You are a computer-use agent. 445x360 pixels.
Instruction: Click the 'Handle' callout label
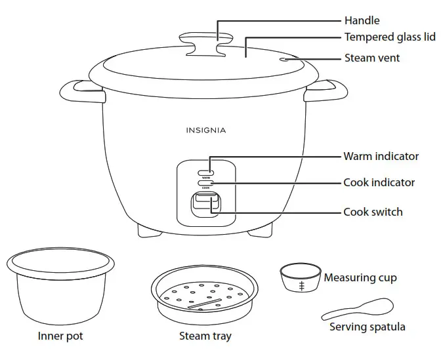click(362, 20)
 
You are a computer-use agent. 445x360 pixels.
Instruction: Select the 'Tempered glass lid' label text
click(390, 37)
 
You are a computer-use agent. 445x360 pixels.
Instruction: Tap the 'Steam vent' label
click(371, 58)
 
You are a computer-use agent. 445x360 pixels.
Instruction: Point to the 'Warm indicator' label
click(381, 156)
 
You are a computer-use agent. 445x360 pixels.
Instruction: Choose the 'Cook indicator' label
click(379, 182)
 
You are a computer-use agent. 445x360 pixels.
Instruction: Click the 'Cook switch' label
click(373, 212)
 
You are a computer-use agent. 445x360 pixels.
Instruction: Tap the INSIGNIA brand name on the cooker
click(205, 130)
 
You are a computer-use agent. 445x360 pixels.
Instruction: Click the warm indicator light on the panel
click(205, 171)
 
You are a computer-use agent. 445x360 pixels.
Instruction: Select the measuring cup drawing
click(301, 278)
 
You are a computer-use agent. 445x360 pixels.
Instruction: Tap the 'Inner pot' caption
click(60, 336)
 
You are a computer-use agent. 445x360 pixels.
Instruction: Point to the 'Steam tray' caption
click(205, 336)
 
